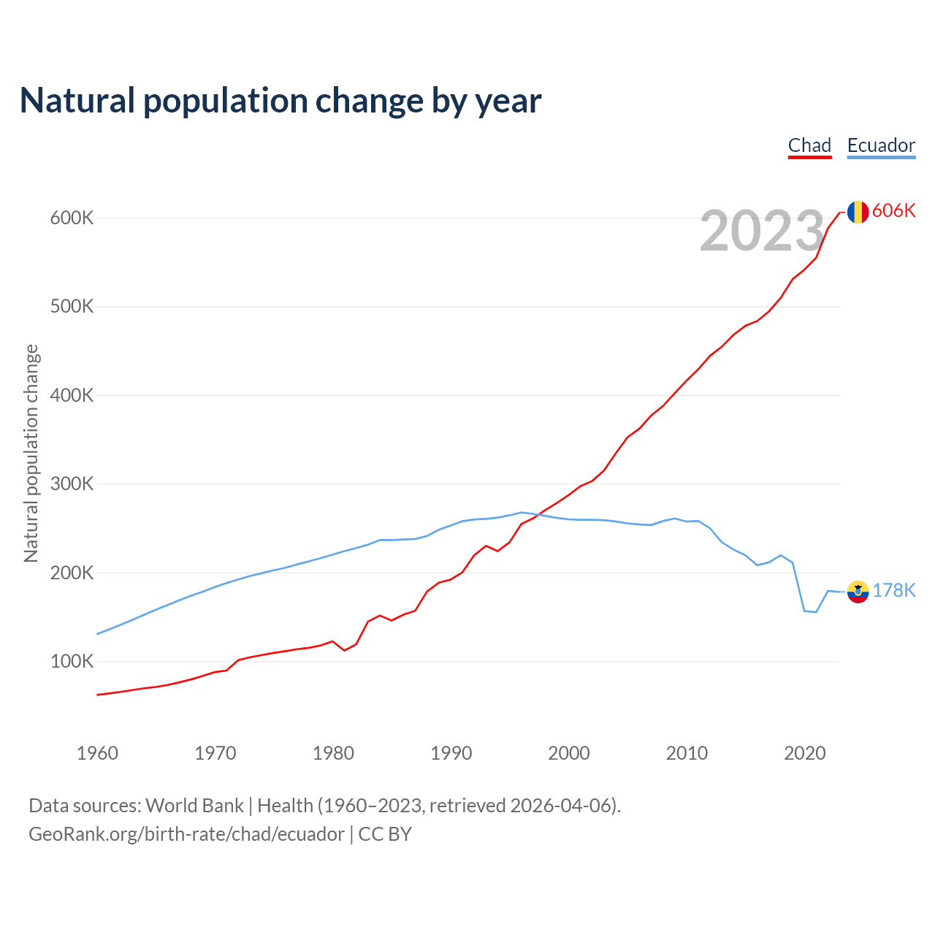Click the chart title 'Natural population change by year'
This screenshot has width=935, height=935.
click(280, 101)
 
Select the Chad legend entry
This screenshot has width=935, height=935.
click(809, 145)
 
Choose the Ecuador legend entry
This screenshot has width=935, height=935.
click(881, 145)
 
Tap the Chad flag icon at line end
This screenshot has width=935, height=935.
click(858, 212)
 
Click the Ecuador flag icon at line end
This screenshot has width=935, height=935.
click(858, 592)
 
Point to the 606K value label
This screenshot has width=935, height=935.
click(893, 211)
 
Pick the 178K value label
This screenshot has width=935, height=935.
click(893, 591)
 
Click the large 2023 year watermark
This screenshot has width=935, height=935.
click(762, 231)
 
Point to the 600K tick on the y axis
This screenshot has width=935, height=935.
click(72, 218)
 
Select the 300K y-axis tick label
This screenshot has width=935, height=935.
click(72, 484)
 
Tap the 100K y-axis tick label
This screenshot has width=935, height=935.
click(72, 662)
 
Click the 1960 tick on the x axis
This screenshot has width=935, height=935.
click(97, 753)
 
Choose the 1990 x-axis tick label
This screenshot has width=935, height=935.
click(451, 753)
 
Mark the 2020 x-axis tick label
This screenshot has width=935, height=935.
click(804, 753)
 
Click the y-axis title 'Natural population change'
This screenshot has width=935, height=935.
click(31, 454)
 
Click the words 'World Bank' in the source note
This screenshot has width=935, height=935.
click(194, 806)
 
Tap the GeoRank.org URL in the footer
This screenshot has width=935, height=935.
click(186, 834)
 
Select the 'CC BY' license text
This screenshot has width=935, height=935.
click(385, 834)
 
